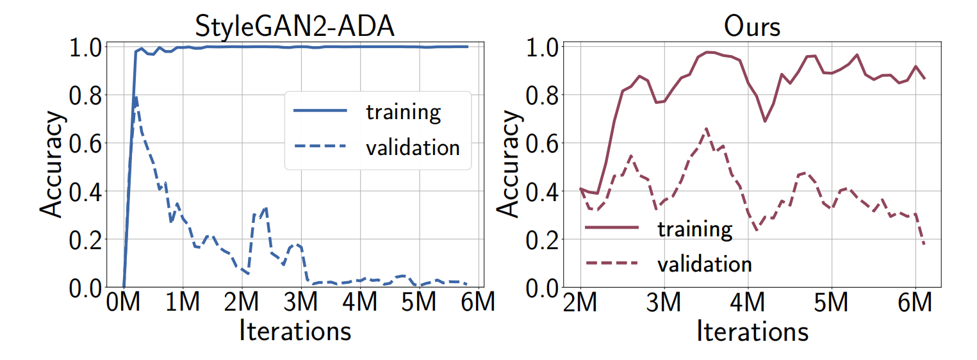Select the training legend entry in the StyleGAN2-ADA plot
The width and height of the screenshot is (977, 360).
coord(403,111)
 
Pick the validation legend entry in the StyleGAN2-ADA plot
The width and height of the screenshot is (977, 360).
coord(412,147)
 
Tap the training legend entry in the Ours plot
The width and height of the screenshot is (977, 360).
coord(694,228)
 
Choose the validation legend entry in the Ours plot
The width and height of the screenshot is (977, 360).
coord(703,263)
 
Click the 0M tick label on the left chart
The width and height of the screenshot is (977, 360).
coord(124,305)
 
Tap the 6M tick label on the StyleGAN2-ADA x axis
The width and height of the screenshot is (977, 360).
coord(476,305)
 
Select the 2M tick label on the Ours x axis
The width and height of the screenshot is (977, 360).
coord(580,305)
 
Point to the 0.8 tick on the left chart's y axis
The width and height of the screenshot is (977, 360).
coord(84,95)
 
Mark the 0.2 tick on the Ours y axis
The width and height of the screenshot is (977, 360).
coord(542,240)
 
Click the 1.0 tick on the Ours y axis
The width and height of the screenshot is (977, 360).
coord(542,47)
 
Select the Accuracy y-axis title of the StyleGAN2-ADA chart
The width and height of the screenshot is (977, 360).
coord(53,167)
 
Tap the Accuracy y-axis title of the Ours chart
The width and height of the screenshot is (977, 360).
coord(510,167)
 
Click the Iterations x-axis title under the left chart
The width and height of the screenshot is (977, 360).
coord(295,331)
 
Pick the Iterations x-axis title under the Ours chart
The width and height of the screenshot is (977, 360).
coord(751,331)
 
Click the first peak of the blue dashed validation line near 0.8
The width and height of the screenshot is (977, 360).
coord(136,97)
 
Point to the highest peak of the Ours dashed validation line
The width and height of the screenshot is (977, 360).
coord(707,129)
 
